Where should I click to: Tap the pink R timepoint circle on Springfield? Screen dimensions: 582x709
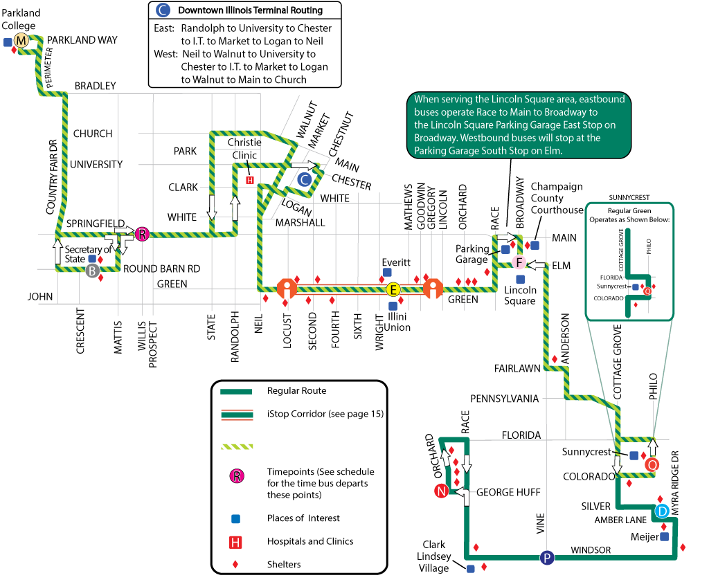142,234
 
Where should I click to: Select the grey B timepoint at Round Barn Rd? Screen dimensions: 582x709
92,271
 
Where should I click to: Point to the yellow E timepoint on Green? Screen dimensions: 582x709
393,289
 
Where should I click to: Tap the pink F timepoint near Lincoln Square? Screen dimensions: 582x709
520,262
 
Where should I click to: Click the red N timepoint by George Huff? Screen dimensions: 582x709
440,491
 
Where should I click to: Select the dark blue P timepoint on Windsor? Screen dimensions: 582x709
547,558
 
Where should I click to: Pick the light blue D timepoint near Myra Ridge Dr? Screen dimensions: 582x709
662,511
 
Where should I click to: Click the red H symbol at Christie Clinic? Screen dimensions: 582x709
251,180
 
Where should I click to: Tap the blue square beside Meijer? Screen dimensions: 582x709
664,536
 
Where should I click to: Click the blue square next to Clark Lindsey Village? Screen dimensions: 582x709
471,569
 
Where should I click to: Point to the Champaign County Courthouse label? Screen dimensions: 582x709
557,199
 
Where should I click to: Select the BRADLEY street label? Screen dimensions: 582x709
95,86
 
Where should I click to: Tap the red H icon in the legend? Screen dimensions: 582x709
236,542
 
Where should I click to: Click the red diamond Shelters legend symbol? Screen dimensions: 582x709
236,565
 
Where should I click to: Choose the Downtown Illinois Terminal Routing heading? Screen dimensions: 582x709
250,10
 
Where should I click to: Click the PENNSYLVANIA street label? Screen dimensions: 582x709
504,399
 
